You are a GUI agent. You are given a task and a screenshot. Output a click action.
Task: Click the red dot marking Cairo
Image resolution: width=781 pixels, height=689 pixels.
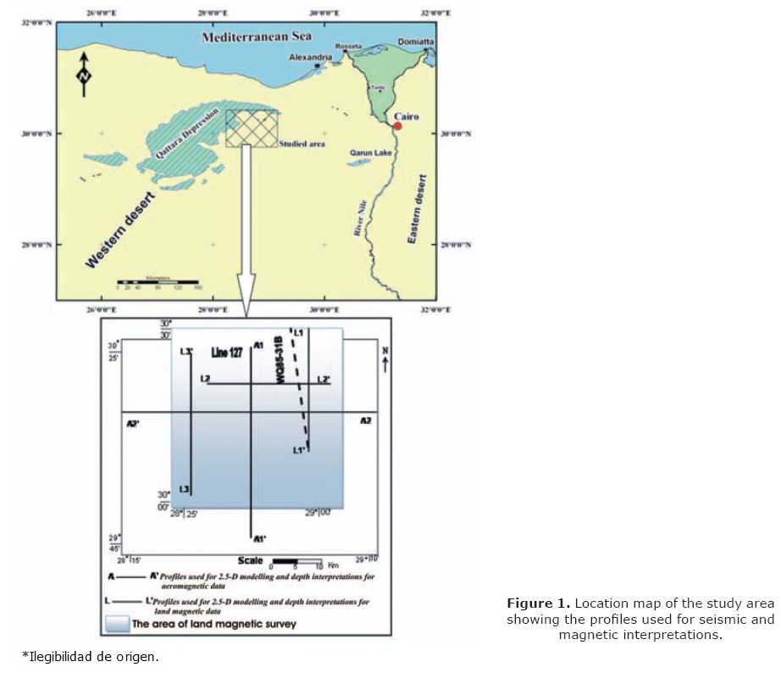click(397, 126)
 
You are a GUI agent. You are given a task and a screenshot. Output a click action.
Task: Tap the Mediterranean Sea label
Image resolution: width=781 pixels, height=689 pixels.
click(256, 36)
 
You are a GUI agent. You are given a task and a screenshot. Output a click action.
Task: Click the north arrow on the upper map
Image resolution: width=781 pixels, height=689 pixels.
click(84, 71)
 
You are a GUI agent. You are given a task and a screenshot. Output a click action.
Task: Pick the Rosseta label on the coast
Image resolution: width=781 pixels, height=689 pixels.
click(348, 46)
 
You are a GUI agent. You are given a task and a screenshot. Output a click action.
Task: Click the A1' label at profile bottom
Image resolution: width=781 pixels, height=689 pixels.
click(261, 537)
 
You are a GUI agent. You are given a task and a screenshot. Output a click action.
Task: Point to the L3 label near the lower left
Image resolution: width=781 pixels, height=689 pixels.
click(185, 489)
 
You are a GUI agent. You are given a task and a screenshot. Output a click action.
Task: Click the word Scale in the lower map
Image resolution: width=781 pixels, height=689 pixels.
click(250, 560)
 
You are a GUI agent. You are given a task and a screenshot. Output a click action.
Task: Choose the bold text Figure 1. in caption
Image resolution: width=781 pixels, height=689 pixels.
click(538, 604)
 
